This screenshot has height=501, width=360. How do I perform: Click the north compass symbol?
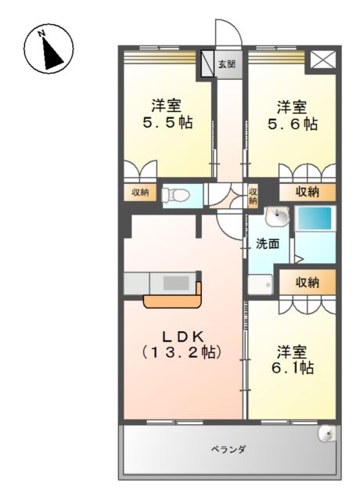point(49,49)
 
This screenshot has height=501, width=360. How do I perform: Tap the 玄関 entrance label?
point(227,64)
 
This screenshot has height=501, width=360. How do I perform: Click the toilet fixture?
point(175,195)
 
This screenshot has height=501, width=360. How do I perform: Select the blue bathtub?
point(315,218)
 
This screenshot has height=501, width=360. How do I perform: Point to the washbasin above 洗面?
point(277,216)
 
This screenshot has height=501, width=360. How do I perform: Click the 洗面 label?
point(268,243)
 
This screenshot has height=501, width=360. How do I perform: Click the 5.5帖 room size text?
point(167,123)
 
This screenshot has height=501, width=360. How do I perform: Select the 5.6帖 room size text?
point(293,124)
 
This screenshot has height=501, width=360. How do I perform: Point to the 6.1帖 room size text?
point(293,368)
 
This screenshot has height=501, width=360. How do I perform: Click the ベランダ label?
point(228,449)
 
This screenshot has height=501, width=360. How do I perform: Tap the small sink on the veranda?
point(326,434)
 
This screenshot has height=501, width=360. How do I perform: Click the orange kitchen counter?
point(173,298)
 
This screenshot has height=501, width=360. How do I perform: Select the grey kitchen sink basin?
point(176,283)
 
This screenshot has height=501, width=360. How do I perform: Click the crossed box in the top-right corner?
point(323,59)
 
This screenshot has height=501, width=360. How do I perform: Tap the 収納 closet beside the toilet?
point(140,193)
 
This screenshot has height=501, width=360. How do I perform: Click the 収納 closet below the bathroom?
point(308,282)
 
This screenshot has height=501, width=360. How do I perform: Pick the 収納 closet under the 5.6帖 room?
point(308,192)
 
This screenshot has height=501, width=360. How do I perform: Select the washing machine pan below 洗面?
point(261,284)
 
